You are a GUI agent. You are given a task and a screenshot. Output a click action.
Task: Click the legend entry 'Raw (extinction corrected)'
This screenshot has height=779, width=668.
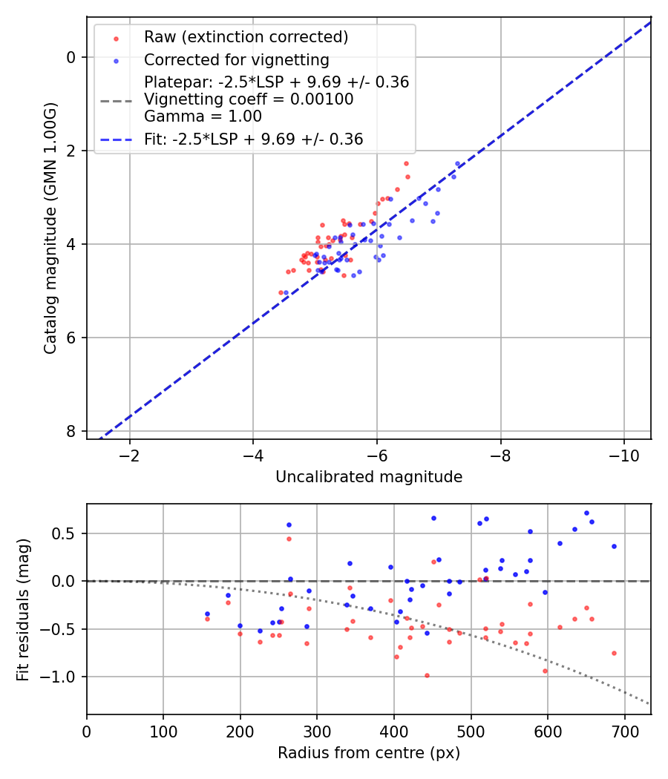246,37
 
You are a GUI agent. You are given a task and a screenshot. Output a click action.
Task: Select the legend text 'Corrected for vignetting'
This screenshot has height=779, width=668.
236,59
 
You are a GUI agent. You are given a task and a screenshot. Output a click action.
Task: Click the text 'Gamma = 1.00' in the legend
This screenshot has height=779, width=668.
203,116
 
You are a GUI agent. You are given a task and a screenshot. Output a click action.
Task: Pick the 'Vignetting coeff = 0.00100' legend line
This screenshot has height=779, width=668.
249,99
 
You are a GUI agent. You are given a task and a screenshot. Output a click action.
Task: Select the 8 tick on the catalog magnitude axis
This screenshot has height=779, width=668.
71,431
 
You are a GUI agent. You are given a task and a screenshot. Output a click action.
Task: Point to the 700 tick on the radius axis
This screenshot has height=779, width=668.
624,730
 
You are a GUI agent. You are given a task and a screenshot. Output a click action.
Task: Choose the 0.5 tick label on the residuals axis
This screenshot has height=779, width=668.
69,533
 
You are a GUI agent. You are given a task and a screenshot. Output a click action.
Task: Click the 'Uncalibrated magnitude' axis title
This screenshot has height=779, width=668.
369,477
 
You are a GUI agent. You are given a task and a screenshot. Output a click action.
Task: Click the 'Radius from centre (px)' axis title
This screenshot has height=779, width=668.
369,753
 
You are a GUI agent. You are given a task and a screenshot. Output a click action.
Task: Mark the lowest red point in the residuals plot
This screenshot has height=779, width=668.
427,675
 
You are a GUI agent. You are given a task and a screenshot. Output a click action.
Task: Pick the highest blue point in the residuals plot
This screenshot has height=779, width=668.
586,513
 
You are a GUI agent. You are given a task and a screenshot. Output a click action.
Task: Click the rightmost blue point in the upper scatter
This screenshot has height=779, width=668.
457,163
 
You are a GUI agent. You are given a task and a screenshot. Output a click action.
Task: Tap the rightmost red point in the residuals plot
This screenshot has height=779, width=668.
614,653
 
